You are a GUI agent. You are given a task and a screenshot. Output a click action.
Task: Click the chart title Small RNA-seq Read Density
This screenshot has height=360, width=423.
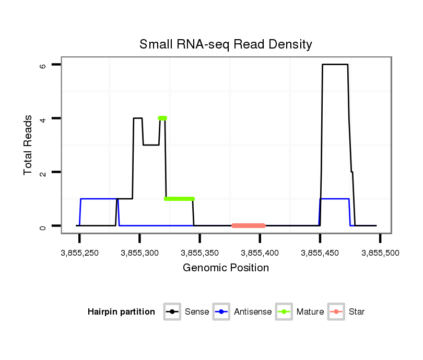[x=226, y=44]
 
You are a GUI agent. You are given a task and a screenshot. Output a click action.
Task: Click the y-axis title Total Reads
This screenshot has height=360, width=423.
[x=29, y=145]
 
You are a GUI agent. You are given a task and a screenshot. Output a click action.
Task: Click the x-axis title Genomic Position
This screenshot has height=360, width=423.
[x=226, y=268]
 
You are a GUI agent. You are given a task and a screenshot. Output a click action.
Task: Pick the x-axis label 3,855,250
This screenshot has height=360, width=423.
[x=79, y=253]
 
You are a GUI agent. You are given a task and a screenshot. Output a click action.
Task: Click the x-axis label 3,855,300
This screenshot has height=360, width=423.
[x=139, y=253]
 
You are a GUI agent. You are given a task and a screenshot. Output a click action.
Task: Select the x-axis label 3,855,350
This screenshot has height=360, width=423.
[x=199, y=253]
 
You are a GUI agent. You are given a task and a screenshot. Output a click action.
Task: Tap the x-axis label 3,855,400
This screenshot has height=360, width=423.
[x=260, y=253]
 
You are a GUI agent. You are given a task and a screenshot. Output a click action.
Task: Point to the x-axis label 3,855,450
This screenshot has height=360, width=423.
[x=320, y=253]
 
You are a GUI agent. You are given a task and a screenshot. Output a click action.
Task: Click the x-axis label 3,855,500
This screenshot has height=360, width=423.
[x=380, y=253]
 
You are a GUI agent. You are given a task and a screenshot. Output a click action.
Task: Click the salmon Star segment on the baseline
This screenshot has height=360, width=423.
[x=249, y=226]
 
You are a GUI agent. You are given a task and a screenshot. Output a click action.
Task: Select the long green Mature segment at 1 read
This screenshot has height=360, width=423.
[x=179, y=199]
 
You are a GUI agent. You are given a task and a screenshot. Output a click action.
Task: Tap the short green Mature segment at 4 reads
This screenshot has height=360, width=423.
[x=162, y=118]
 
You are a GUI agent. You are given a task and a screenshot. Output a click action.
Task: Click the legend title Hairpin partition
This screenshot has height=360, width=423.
[x=121, y=312]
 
